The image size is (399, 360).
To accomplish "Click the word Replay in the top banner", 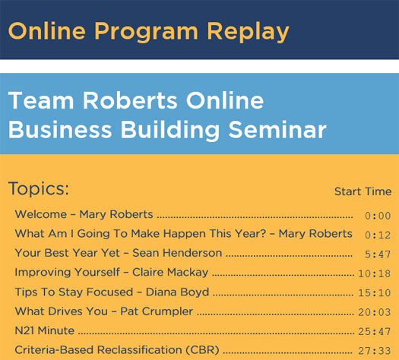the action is tap(248, 31).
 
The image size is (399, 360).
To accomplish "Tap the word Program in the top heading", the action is tap(146, 31).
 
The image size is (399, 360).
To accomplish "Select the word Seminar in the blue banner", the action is tap(277, 130).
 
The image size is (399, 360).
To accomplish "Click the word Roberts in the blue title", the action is tap(130, 100).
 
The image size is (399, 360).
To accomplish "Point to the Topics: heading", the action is tap(39, 188).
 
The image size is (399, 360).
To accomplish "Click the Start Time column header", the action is tap(363, 191).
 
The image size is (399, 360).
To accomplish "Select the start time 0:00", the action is tap(378, 216).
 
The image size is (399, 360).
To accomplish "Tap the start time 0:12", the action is tap(378, 235).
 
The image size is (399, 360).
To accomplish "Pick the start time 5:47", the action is tap(378, 254).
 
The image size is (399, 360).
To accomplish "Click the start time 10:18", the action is tap(375, 274).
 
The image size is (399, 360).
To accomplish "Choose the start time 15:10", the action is tap(375, 293).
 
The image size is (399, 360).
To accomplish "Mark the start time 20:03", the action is tap(375, 312).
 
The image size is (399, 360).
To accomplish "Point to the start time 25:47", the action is tap(375, 332).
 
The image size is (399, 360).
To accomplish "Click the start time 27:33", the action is tap(375, 351).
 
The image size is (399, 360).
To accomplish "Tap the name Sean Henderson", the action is tap(177, 253).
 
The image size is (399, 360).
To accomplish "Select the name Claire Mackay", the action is tap(170, 273).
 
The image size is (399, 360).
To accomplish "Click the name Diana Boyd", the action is tap(177, 292).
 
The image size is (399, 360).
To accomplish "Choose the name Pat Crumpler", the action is tap(157, 311).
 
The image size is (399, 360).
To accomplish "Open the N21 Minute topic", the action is tap(45, 331).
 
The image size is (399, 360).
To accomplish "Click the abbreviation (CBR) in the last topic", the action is tap(202, 350).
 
